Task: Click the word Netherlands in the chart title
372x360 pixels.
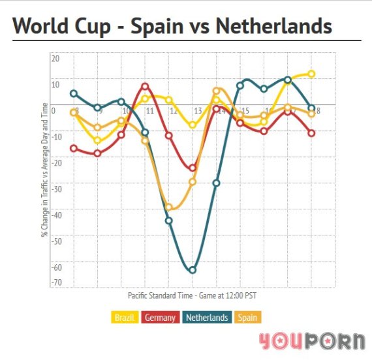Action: (273, 27)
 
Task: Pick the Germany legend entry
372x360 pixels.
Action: (159, 318)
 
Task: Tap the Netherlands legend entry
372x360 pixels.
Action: (206, 318)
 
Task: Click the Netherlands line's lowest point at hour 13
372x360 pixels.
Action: (193, 269)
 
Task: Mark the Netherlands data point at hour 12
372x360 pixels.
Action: (168, 220)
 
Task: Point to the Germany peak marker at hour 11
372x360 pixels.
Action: (145, 86)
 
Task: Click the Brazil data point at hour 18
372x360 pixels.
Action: (311, 74)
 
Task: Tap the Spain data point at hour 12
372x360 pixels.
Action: (168, 207)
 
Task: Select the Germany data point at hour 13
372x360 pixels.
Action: (193, 168)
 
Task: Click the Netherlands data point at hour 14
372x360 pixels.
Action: (216, 183)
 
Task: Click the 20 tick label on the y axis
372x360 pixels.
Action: (55, 58)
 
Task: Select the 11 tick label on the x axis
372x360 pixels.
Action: (149, 112)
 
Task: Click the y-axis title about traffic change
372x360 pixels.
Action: (45, 170)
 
